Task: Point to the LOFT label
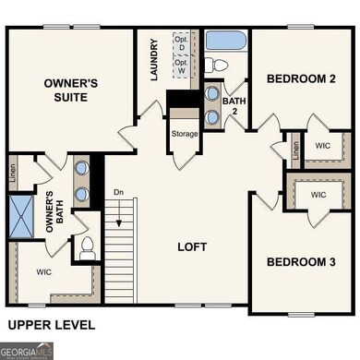click(192, 247)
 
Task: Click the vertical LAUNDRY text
click(155, 59)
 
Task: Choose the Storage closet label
click(185, 135)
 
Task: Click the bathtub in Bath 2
click(226, 42)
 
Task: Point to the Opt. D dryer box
click(182, 42)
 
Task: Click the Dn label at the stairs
click(118, 192)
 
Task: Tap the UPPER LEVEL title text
click(51, 324)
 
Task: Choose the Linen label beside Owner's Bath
click(13, 176)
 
